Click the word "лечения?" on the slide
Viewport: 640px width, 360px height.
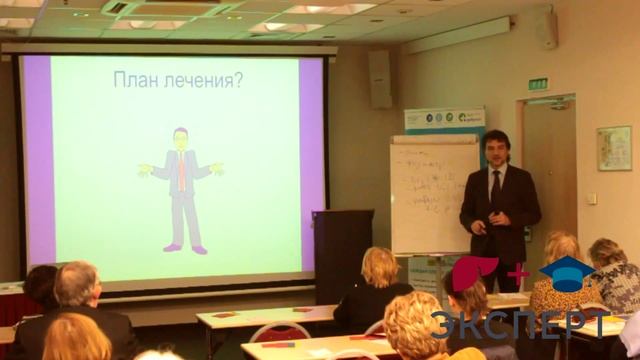coord(205,80)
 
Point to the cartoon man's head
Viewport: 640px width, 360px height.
coord(180,138)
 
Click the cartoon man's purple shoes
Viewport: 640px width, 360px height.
coord(185,248)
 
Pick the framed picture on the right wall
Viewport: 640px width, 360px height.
coord(614,148)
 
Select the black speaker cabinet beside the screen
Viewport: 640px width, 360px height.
coord(342,255)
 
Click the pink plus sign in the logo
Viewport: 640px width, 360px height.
coord(518,272)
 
